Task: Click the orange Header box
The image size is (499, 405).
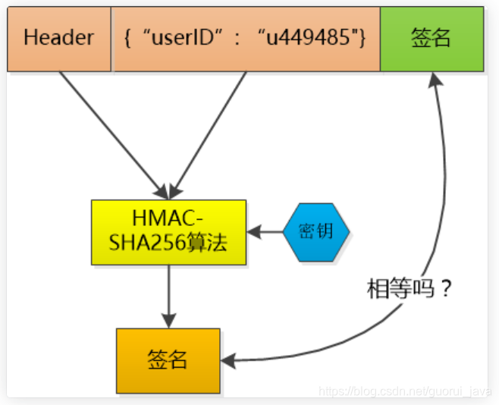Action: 59,39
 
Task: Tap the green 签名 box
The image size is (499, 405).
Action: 432,39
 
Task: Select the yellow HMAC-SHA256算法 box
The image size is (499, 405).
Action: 168,232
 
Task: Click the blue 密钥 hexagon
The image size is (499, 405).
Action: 317,231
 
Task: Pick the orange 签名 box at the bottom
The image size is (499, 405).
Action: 168,360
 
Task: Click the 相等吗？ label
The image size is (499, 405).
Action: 409,289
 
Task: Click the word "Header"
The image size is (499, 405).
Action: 59,39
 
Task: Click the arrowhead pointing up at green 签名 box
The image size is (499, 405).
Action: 435,80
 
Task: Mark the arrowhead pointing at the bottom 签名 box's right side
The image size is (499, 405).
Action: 231,360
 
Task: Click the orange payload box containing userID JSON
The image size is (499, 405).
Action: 246,39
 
